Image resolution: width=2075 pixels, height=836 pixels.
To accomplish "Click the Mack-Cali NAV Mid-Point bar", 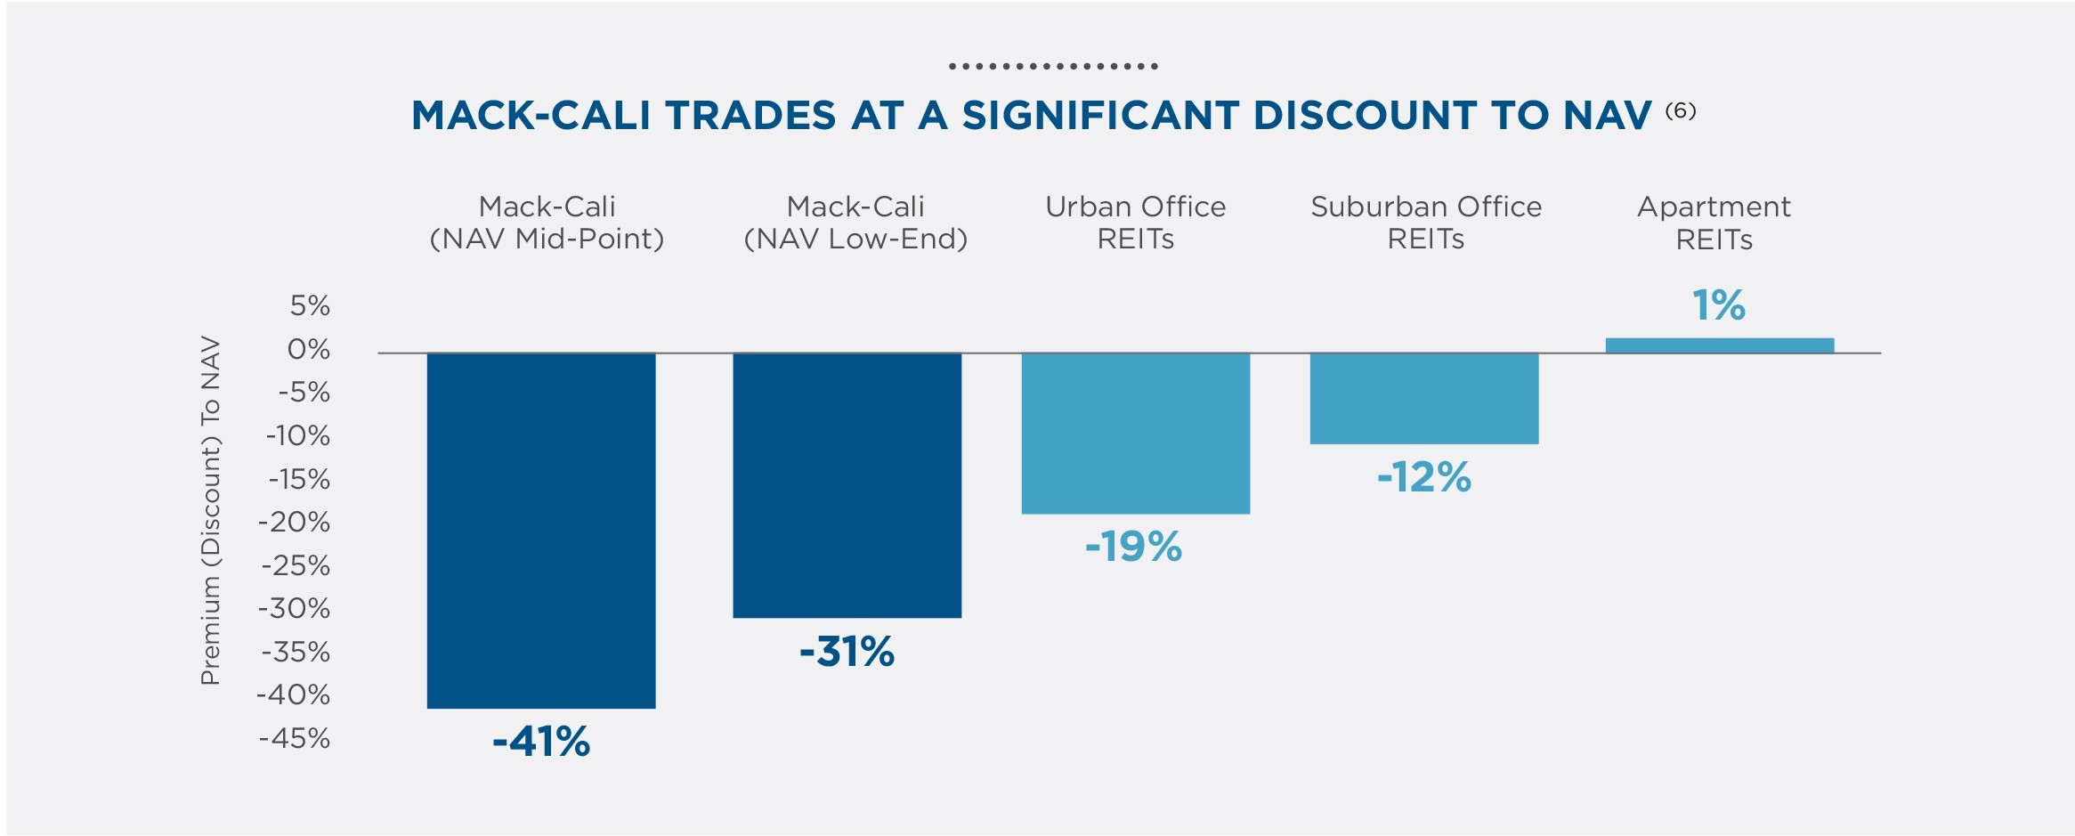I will (541, 531).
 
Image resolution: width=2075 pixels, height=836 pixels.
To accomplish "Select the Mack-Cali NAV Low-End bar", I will (847, 485).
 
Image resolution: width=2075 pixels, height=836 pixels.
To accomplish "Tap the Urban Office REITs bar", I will (1135, 434).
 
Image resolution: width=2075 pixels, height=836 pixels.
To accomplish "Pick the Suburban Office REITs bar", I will (1423, 399).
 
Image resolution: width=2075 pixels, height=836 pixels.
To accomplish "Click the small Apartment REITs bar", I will (1719, 345).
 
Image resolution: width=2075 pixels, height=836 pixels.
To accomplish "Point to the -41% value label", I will (541, 742).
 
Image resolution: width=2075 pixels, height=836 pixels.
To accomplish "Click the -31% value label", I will (847, 652).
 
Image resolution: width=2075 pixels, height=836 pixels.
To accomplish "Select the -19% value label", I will (1133, 547).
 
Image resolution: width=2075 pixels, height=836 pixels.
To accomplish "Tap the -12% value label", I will (1423, 477).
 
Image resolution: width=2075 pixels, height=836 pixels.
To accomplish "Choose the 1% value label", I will (1718, 305).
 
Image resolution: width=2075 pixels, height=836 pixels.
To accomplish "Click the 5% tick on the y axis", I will (310, 306).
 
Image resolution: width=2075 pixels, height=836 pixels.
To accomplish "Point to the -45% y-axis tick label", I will (295, 738).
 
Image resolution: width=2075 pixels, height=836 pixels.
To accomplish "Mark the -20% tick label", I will (295, 522).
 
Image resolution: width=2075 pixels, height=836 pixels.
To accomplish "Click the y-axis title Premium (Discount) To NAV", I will (210, 510).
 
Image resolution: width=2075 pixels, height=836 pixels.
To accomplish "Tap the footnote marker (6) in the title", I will (1680, 110).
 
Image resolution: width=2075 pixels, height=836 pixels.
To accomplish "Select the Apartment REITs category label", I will (1714, 223).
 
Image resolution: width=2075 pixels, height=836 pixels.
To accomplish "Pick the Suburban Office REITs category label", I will (1425, 223).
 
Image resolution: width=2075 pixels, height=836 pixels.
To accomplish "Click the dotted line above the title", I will (1052, 67).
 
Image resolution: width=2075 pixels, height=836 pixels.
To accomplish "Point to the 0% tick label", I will (308, 349).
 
